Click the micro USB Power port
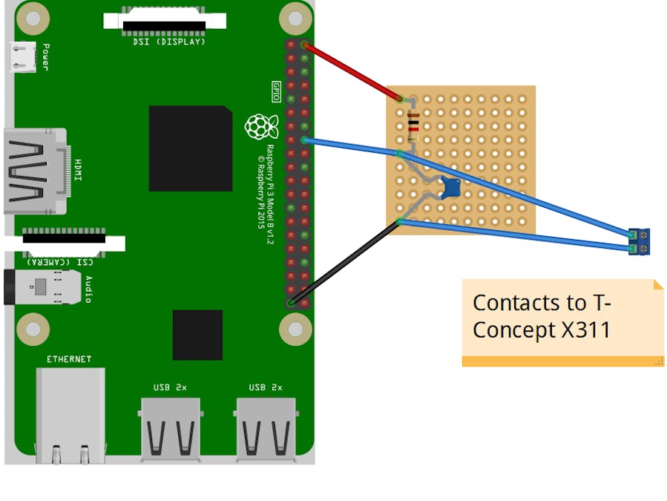[x=24, y=56]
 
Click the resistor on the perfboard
[x=413, y=124]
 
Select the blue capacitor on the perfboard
[x=450, y=187]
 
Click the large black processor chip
[x=190, y=148]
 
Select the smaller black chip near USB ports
[x=197, y=335]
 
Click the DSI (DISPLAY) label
[x=164, y=42]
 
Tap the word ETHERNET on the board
[x=69, y=359]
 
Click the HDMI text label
[x=78, y=170]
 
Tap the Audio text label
[x=88, y=289]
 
